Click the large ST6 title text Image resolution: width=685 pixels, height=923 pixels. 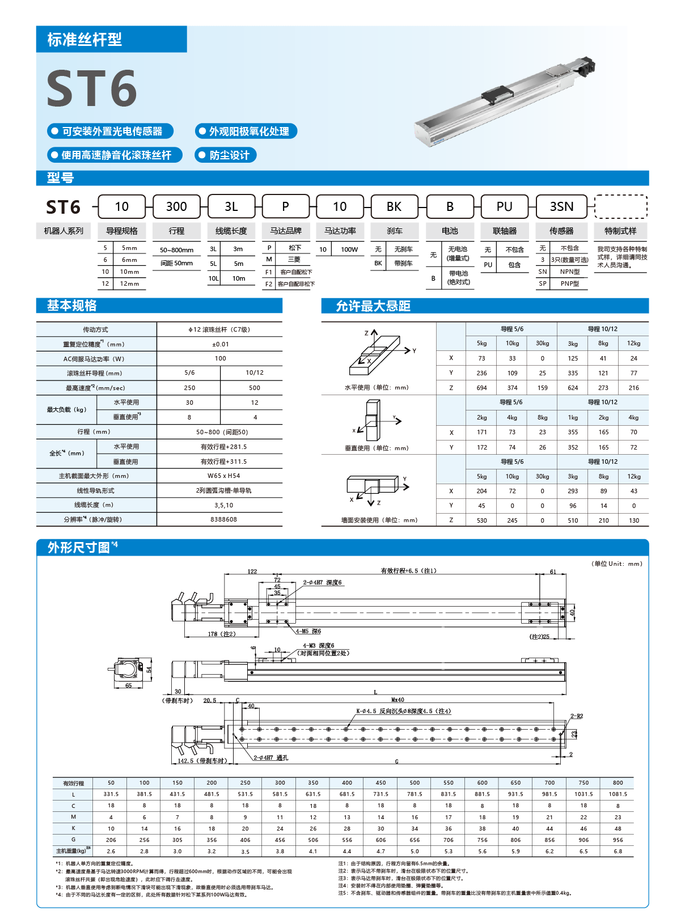point(92,88)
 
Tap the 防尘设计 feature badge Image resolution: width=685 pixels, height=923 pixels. point(226,155)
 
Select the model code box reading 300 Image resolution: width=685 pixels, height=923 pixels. point(176,206)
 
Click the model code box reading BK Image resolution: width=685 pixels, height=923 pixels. point(394,206)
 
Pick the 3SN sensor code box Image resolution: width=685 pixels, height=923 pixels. point(561,206)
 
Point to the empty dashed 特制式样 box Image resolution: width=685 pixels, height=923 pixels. point(620,206)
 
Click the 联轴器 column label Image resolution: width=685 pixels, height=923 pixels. point(505,231)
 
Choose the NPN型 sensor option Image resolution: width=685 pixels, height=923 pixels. point(570,272)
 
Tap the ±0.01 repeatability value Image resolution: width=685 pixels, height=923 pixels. point(220,344)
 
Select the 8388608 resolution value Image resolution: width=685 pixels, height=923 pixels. point(223,519)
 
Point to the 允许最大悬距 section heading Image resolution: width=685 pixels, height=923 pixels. point(373,306)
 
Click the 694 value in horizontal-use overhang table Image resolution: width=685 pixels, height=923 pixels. point(481,388)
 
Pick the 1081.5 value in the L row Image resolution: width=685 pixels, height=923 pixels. point(618,794)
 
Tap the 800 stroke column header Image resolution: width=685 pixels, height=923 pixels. point(618,783)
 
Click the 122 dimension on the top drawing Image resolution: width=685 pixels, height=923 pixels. point(252,571)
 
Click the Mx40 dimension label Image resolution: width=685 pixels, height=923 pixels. point(398,700)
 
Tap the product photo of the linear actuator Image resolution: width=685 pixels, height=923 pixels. point(505,102)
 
